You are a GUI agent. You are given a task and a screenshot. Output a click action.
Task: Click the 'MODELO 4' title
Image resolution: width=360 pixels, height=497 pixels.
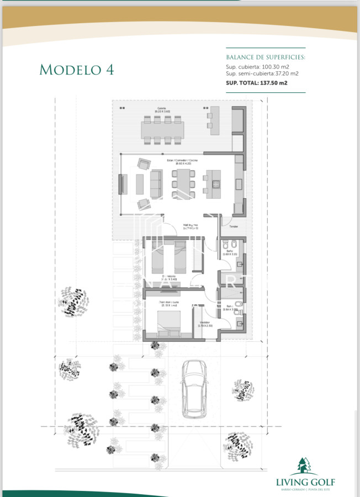point(77,69)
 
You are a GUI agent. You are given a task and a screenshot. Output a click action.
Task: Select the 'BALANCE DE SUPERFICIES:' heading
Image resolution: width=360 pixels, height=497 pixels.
point(266,57)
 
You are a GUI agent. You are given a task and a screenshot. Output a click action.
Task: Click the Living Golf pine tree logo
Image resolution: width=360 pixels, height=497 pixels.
point(305,467)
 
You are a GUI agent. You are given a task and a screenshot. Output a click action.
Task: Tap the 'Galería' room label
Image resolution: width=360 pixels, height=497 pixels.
point(162,108)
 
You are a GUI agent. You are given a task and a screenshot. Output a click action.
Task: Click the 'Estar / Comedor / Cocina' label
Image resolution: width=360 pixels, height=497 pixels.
point(182,161)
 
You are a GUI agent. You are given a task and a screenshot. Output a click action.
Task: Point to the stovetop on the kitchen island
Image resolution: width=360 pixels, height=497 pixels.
point(214,183)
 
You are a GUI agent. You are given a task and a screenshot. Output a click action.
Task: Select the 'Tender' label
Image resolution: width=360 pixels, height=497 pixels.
point(234,226)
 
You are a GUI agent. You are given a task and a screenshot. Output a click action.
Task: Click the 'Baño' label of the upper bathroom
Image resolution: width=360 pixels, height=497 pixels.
point(229,251)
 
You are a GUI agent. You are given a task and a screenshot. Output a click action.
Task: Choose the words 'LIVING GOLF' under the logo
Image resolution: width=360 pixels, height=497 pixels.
point(305,482)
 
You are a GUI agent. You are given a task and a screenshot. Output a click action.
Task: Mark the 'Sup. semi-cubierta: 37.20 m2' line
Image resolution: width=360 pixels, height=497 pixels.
point(262,73)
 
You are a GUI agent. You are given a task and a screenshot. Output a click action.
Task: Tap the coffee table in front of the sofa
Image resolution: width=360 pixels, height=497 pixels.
point(140,184)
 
